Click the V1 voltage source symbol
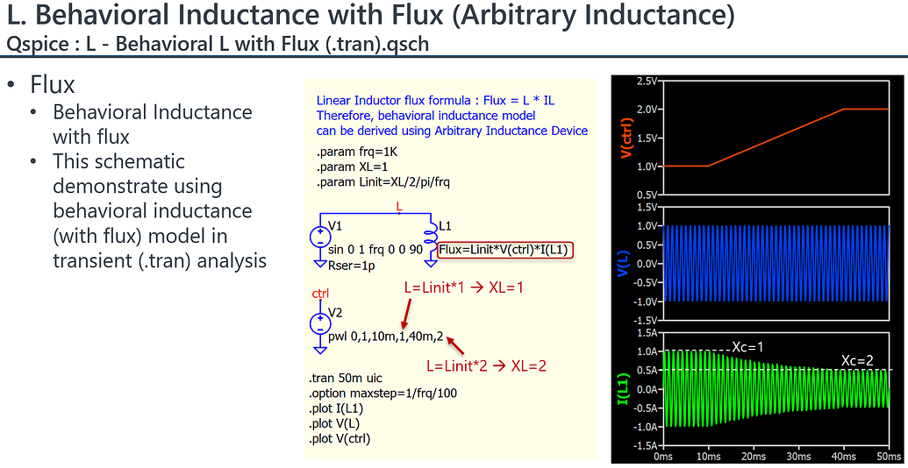pos(319,236)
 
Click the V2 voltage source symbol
pos(319,323)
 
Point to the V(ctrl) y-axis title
pos(626,138)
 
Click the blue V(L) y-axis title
pos(626,263)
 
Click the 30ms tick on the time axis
pos(798,457)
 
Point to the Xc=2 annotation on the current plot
pos(856,360)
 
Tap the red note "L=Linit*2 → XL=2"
pos(486,365)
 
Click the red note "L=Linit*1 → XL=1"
pos(463,287)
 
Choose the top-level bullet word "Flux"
pos(52,85)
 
